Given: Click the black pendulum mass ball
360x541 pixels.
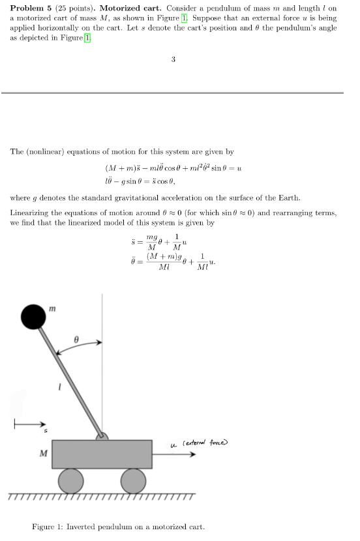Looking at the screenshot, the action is pos(34,317).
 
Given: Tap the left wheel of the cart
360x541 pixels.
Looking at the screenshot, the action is pos(71,481).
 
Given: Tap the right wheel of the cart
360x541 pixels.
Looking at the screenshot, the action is pos(133,481).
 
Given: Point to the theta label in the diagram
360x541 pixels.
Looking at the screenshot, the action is pos(76,340).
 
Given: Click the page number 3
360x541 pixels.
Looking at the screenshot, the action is pos(173,60).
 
